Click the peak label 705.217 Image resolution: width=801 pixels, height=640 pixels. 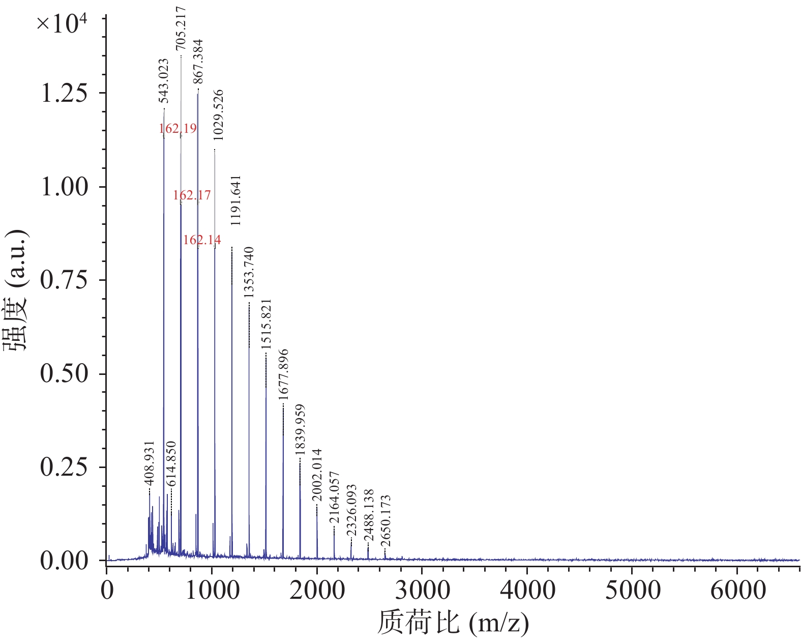[x=181, y=29]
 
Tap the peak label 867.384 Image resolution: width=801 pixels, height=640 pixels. [x=198, y=61]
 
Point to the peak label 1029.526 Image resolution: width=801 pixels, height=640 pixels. [x=218, y=115]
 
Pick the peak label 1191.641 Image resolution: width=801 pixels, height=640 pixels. [x=235, y=200]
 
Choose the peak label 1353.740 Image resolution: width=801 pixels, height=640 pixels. [x=249, y=272]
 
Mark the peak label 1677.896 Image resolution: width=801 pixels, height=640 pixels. [x=283, y=374]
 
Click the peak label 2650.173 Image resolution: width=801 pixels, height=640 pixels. [x=385, y=520]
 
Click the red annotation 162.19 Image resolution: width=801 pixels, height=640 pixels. [x=177, y=128]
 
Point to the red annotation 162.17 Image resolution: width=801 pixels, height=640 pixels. [x=192, y=195]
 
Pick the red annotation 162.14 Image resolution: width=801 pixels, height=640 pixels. [x=202, y=240]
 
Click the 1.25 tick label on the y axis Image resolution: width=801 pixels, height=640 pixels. [x=64, y=93]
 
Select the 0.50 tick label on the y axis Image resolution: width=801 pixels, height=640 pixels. [x=64, y=374]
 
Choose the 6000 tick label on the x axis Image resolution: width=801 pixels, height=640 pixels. [x=737, y=591]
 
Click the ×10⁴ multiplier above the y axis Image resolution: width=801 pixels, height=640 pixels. [x=62, y=23]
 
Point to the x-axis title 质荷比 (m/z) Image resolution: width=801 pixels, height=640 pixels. [x=453, y=622]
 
